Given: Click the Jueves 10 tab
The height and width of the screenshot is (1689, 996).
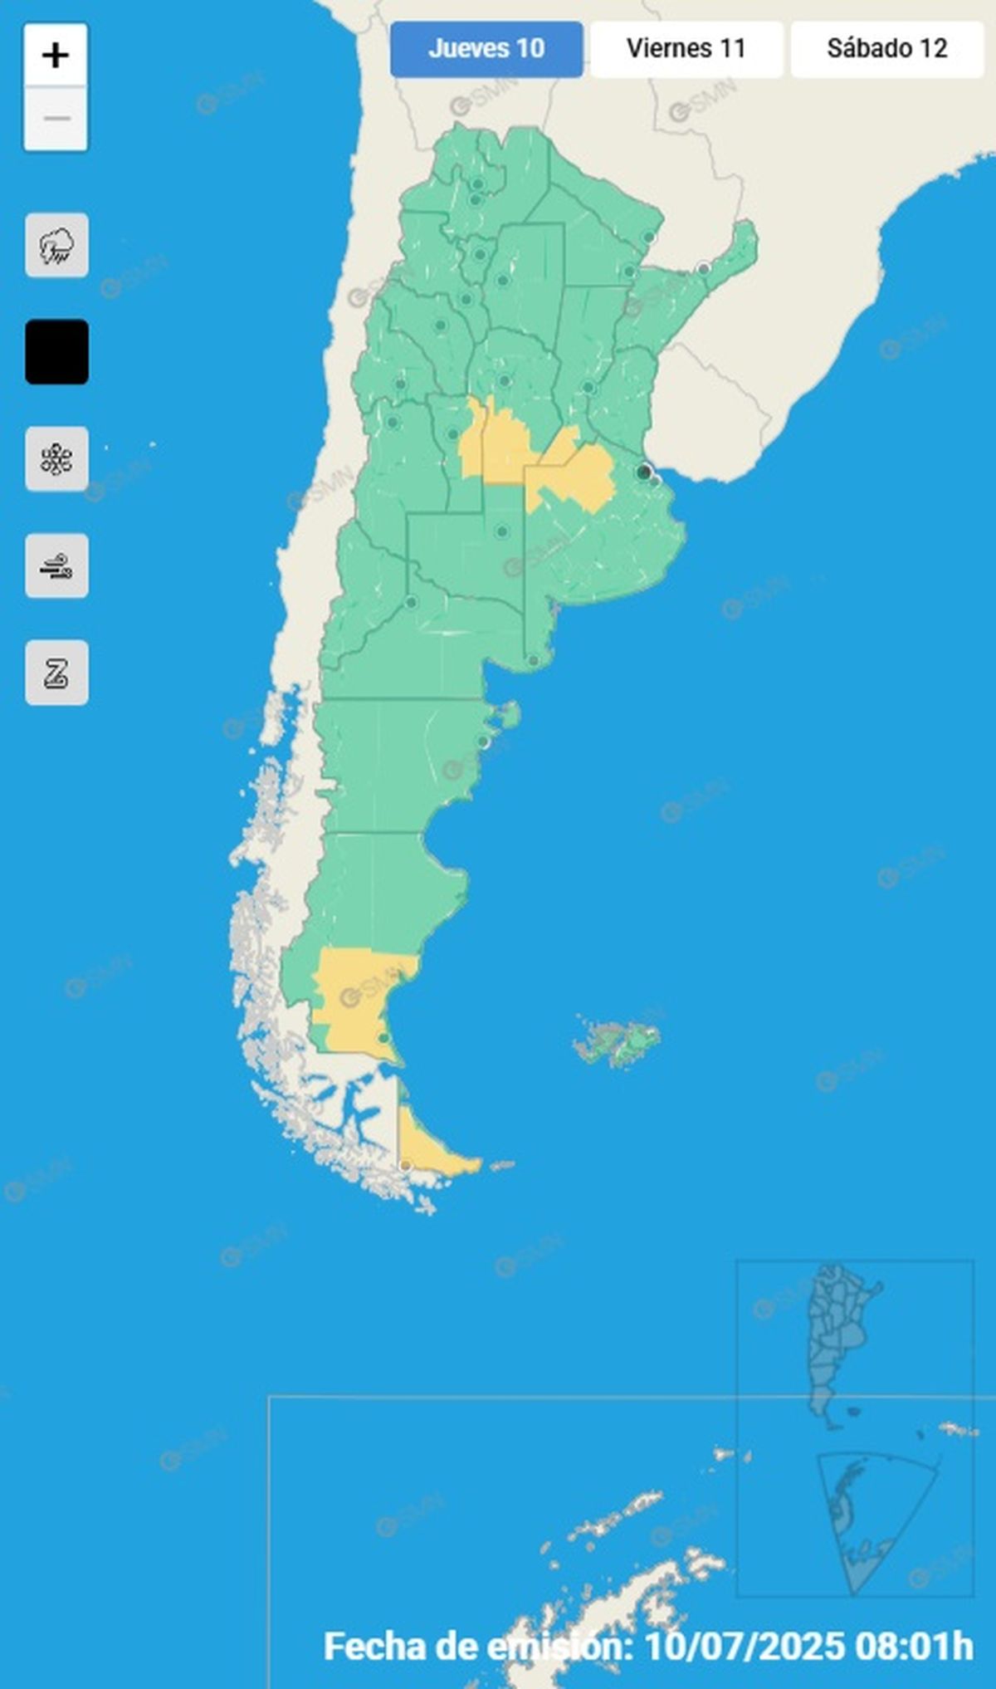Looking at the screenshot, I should [x=486, y=49].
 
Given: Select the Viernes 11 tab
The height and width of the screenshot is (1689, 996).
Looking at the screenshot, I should [x=686, y=49].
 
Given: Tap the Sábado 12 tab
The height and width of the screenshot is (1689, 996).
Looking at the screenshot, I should [x=886, y=49].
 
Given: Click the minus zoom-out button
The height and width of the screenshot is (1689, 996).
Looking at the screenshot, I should [x=56, y=119].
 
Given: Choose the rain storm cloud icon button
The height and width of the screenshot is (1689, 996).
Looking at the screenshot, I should [x=56, y=246].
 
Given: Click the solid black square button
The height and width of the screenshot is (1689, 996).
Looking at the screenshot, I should [x=56, y=352].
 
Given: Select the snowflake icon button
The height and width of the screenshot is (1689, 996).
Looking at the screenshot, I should [x=56, y=459].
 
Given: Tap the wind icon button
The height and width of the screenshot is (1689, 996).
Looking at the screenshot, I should [x=56, y=566].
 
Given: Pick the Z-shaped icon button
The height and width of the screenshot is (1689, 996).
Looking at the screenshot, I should [x=56, y=673].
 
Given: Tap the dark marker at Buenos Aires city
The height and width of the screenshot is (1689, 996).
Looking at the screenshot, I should [x=643, y=472].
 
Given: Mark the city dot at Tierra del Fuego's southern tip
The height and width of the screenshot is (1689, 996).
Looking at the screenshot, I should [x=405, y=1166].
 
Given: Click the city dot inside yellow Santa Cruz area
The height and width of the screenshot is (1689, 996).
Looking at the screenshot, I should [x=383, y=1038].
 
